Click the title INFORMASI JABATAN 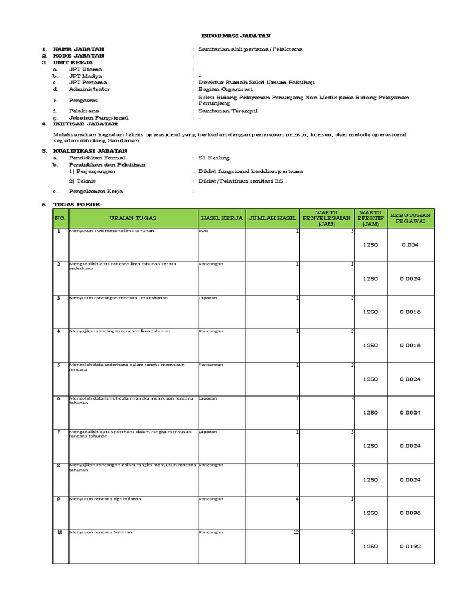[228, 36]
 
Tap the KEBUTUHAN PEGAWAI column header [412, 218]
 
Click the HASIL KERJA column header [221, 218]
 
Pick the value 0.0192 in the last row [410, 546]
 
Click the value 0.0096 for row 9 [410, 513]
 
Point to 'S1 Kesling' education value [214, 158]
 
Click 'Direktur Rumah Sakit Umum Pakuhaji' [248, 83]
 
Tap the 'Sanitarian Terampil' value [228, 111]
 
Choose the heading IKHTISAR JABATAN [85, 124]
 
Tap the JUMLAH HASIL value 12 [295, 532]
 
